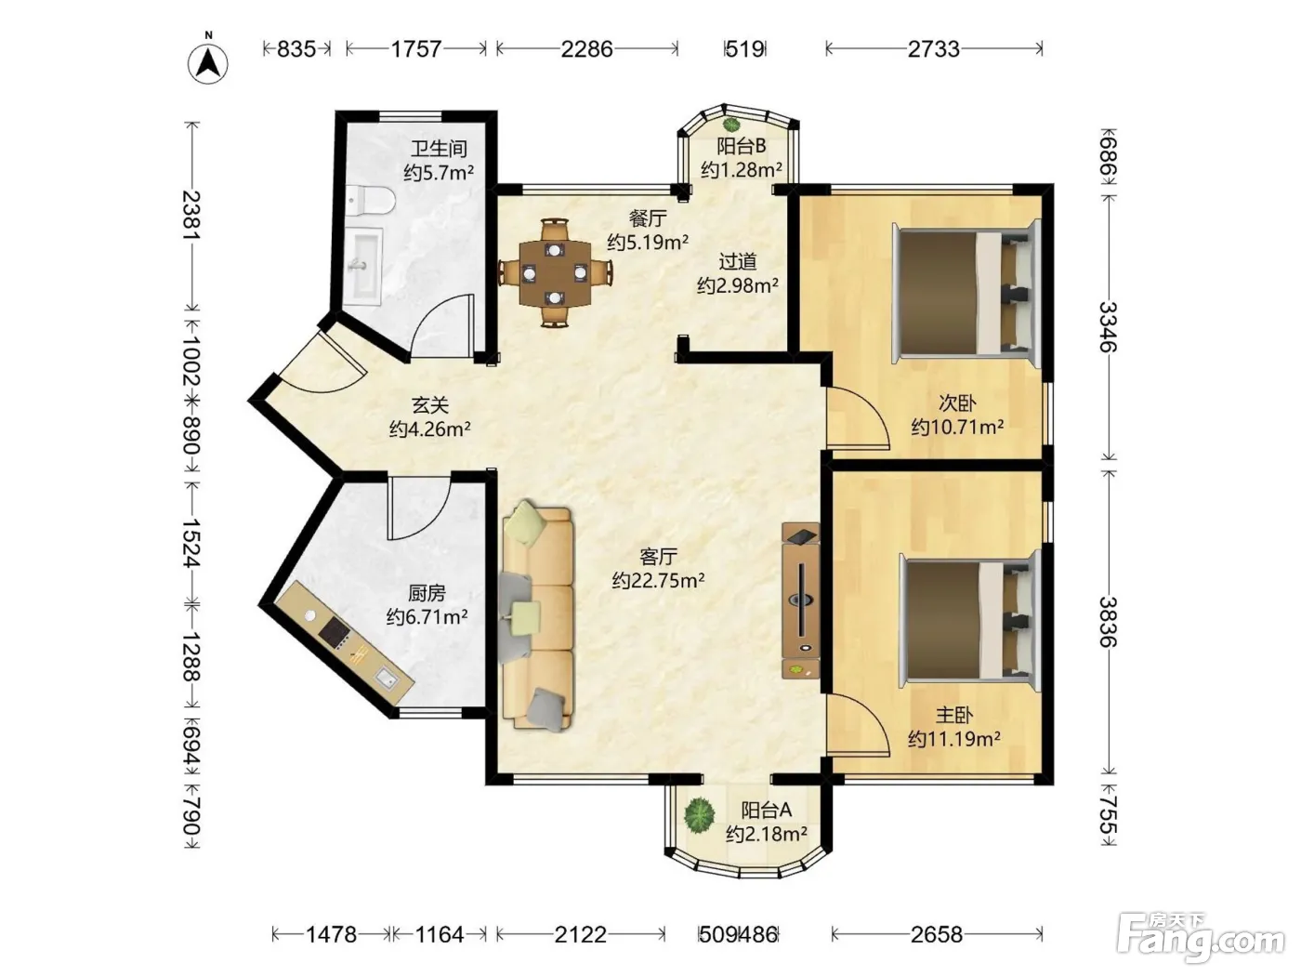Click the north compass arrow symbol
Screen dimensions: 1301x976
(x=208, y=62)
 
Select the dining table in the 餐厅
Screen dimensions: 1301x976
(x=555, y=273)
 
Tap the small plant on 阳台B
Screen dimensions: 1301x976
(x=731, y=125)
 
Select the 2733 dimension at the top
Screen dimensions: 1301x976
(x=934, y=48)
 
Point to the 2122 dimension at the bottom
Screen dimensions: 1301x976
(x=580, y=934)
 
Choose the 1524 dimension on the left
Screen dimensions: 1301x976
(x=191, y=543)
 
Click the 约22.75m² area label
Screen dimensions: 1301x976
(x=658, y=581)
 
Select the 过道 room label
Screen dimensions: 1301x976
(x=737, y=261)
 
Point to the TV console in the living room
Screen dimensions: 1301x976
(x=801, y=600)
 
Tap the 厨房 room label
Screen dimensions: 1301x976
(x=427, y=593)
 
